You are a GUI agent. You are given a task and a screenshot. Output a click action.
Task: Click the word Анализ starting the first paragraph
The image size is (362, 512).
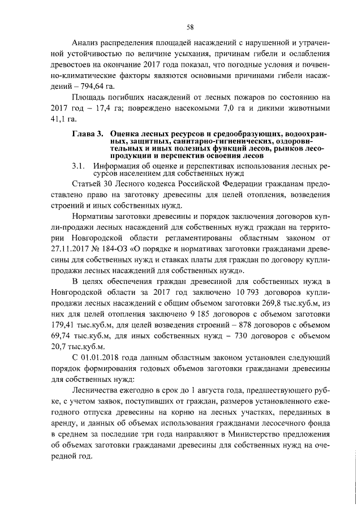86,44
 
